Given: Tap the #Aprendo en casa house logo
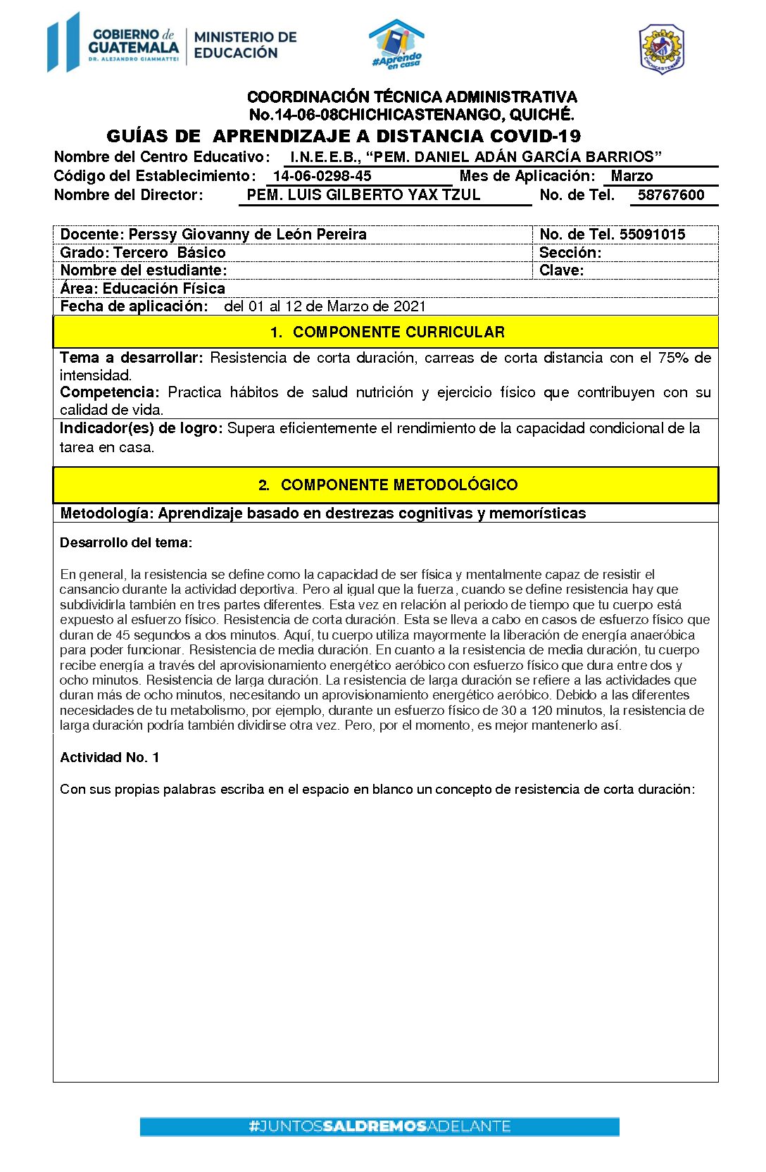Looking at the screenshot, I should click(x=397, y=44).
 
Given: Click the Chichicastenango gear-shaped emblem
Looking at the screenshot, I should click(x=661, y=49).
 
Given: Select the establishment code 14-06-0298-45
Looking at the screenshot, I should click(x=322, y=176).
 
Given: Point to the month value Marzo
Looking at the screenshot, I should click(x=632, y=176).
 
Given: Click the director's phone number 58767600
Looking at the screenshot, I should click(x=670, y=195).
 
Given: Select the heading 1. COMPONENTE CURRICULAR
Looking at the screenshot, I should click(x=387, y=332).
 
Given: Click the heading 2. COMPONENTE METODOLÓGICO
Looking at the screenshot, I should click(x=387, y=485).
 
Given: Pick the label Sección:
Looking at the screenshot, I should click(x=570, y=253).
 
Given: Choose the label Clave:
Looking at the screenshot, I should click(x=561, y=270).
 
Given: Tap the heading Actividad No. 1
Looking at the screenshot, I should click(x=109, y=757).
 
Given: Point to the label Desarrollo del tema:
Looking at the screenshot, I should click(x=126, y=542).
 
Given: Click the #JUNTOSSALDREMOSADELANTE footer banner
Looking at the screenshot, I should click(x=379, y=1126).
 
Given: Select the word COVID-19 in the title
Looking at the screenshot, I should click(x=529, y=136).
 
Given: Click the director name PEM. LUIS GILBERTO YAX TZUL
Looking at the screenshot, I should click(x=363, y=195).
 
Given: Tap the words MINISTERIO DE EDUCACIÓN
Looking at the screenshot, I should click(x=245, y=44).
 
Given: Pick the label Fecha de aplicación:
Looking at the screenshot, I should click(x=134, y=306).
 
